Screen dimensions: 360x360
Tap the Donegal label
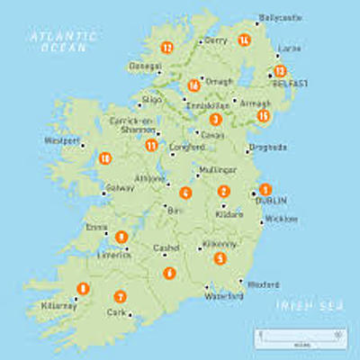click(x=147, y=66)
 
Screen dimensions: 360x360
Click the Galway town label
click(x=120, y=188)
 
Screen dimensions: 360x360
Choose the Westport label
click(x=62, y=140)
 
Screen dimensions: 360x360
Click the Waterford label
click(x=224, y=295)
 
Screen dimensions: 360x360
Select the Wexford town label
click(x=263, y=284)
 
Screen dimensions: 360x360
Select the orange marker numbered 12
click(x=166, y=47)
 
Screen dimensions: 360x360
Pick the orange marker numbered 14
click(x=244, y=40)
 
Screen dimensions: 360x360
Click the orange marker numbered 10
click(x=105, y=158)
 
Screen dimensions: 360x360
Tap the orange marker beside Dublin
click(x=265, y=189)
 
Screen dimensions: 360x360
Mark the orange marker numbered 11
click(x=151, y=145)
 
